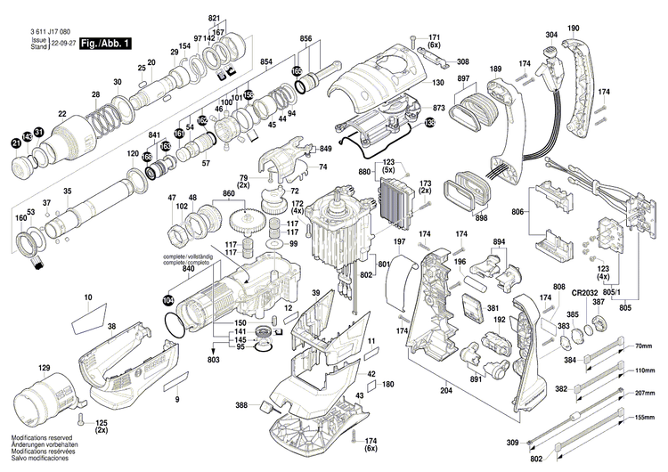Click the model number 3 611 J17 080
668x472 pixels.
pos(42,31)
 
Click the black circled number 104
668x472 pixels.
pos(169,301)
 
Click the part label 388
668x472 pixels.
pos(241,406)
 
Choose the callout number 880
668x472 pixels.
pos(364,172)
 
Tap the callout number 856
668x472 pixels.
pos(305,40)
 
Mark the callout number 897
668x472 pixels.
pos(463,78)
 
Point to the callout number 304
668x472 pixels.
pos(551,35)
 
